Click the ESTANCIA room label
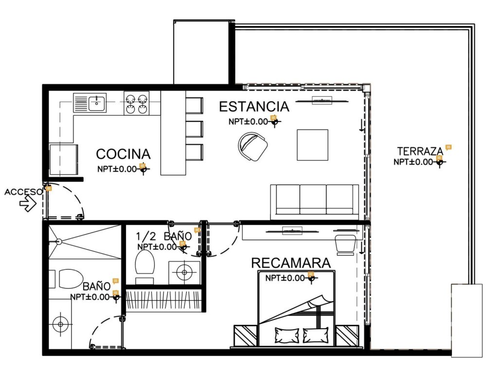[254, 106]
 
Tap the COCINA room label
[123, 154]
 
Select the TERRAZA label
[420, 151]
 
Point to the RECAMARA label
[291, 263]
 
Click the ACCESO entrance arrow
[28, 204]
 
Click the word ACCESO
[23, 192]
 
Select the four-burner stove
[137, 103]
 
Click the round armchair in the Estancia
[252, 146]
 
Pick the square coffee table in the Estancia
[313, 145]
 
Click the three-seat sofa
[315, 202]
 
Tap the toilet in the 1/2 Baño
[145, 265]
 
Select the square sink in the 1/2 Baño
[184, 272]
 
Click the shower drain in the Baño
[58, 242]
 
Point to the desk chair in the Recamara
[346, 244]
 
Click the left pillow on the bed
[287, 335]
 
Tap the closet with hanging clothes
[164, 300]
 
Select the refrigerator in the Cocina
[64, 159]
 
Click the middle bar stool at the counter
[194, 128]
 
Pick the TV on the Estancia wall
[322, 101]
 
